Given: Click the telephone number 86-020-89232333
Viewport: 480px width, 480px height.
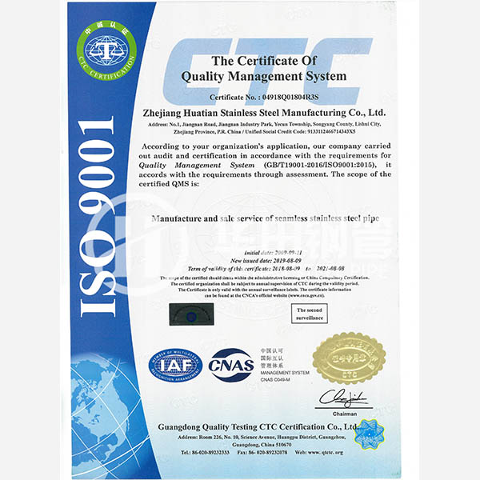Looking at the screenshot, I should pos(198,452).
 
